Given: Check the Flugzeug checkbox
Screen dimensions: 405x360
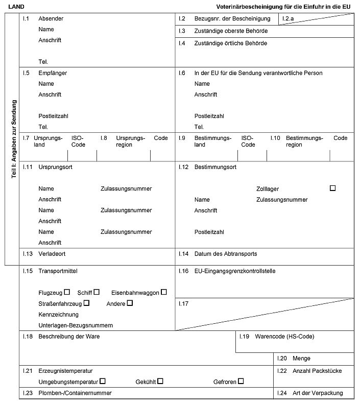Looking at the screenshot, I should click(x=67, y=292).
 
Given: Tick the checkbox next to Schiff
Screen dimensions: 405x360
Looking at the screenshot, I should click(x=96, y=292).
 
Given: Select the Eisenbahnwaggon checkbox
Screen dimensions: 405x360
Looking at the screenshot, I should click(x=164, y=292).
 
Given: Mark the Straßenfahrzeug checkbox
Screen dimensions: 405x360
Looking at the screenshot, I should click(x=87, y=303).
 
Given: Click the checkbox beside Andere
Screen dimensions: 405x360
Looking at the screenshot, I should click(x=130, y=303).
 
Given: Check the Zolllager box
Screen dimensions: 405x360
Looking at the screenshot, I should click(x=333, y=188).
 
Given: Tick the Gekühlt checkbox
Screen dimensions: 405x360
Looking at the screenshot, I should click(x=160, y=381).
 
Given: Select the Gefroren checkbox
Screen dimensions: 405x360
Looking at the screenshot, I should click(x=241, y=381).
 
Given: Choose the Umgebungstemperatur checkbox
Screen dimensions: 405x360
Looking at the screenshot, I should click(x=103, y=381).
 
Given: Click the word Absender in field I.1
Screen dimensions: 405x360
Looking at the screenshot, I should click(x=51, y=19).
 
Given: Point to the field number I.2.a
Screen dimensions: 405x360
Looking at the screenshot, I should click(x=288, y=19).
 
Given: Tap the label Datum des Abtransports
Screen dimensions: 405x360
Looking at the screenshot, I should click(x=226, y=254).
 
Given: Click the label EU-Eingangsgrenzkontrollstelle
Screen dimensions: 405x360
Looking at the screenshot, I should click(x=235, y=271).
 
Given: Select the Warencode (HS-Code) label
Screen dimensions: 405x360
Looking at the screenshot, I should click(x=284, y=337).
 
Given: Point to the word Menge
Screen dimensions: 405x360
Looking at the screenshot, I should click(x=301, y=359).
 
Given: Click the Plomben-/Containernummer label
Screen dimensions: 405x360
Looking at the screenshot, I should click(x=75, y=393).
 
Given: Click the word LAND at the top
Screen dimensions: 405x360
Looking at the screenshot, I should click(x=16, y=6).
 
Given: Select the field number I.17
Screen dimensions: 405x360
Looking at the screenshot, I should click(x=183, y=304).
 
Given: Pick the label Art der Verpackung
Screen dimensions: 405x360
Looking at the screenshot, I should click(x=318, y=393).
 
